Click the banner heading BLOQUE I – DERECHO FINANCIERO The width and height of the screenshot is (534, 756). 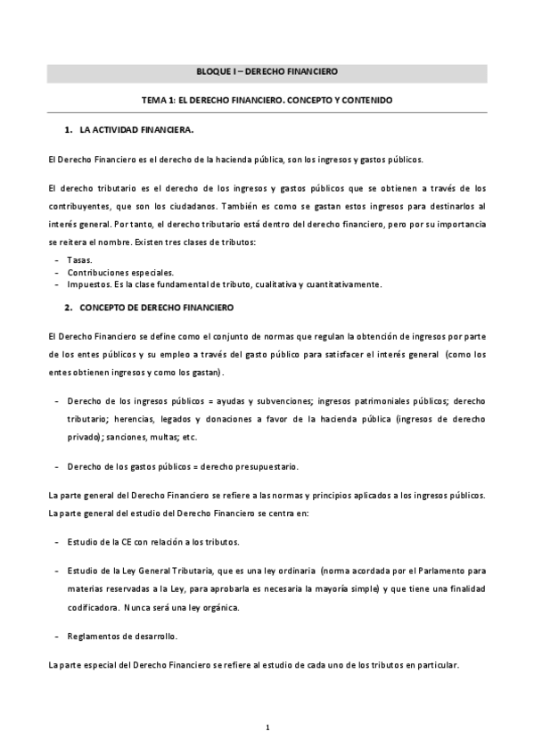(267, 70)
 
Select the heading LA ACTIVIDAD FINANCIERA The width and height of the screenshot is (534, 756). (136, 130)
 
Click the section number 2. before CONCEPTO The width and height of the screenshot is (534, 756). (68, 306)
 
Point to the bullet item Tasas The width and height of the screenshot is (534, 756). (78, 259)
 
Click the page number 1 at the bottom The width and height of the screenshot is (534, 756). (267, 729)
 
